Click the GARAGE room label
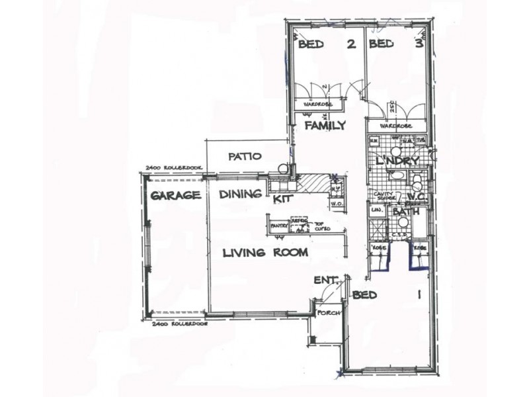[175, 196]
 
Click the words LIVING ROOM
[264, 252]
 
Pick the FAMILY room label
[324, 125]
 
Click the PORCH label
[327, 314]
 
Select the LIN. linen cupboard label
[377, 210]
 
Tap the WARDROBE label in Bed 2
[317, 105]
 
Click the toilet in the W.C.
[416, 180]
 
